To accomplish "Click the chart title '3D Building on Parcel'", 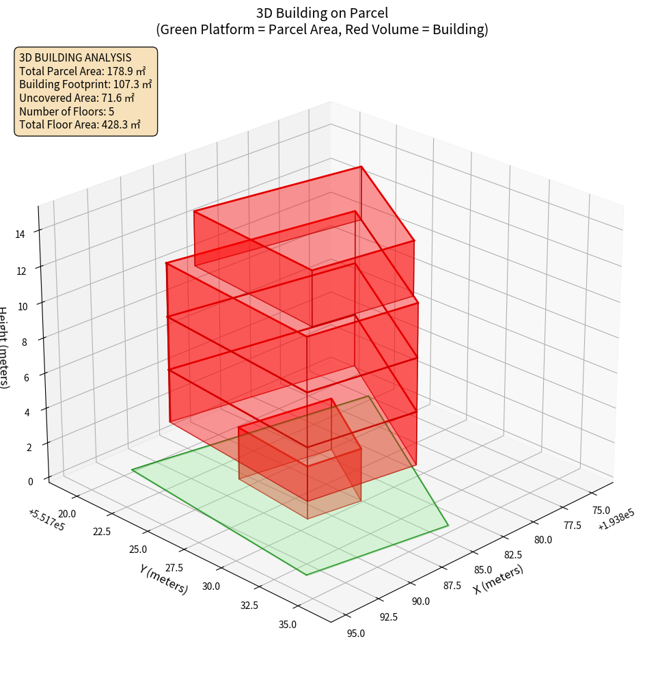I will pos(322,12).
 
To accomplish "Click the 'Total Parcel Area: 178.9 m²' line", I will pos(83,70).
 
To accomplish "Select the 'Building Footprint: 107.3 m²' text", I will pos(85,84).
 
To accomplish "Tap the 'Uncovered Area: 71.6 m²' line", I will pos(77,98).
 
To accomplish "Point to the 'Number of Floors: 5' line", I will pos(67,111).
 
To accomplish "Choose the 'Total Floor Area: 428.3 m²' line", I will pos(80,124).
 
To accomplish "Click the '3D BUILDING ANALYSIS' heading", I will pos(75,57).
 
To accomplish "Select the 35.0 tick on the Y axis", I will pos(288,624).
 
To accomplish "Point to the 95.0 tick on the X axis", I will pos(356,634).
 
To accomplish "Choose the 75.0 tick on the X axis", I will pos(601,510).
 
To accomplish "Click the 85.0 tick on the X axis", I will pos(482,569).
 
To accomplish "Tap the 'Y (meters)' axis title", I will pos(163,579).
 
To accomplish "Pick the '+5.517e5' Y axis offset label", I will pos(46,520).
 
